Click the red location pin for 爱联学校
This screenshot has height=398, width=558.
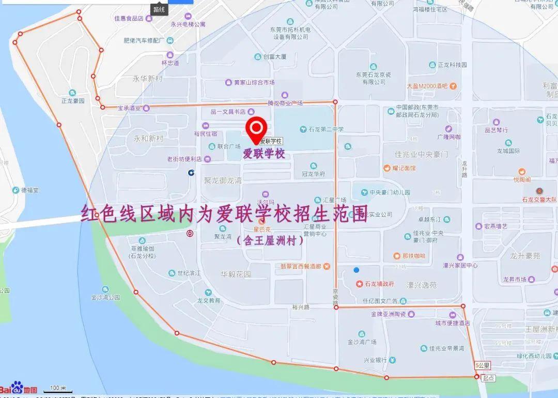pyautogui.click(x=256, y=127)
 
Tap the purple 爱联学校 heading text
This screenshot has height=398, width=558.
pyautogui.click(x=264, y=154)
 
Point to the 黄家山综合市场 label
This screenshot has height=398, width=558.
pyautogui.click(x=254, y=82)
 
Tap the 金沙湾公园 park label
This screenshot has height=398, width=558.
pyautogui.click(x=105, y=297)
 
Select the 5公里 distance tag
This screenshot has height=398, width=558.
pyautogui.click(x=482, y=365)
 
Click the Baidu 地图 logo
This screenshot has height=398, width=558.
pyautogui.click(x=20, y=389)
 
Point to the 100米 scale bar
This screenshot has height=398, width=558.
pyautogui.click(x=57, y=388)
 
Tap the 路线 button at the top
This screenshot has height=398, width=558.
pyautogui.click(x=159, y=9)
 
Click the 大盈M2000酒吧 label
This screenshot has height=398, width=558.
pyautogui.click(x=426, y=86)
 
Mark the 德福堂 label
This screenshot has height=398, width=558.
pyautogui.click(x=29, y=190)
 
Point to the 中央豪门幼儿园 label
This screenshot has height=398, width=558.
pyautogui.click(x=390, y=192)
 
